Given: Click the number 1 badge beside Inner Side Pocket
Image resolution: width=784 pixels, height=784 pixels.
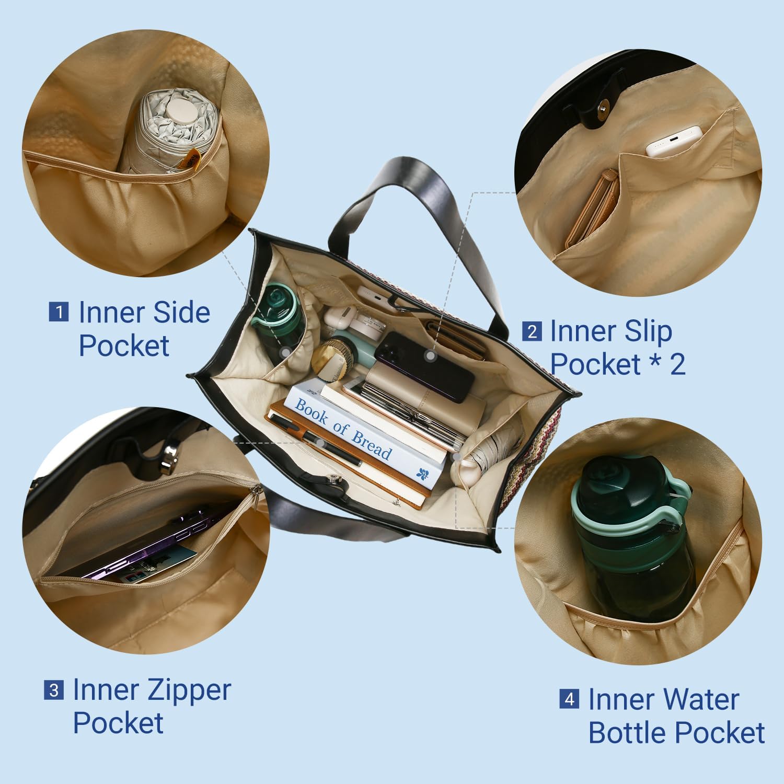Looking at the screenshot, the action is tap(59, 312).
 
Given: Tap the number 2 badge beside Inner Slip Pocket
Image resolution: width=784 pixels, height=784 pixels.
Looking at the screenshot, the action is tap(532, 331).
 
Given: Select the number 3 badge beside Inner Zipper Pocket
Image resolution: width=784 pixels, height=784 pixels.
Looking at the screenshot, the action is tap(54, 690).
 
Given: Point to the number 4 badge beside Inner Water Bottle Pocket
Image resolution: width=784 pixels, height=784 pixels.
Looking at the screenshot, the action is tap(569, 699).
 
